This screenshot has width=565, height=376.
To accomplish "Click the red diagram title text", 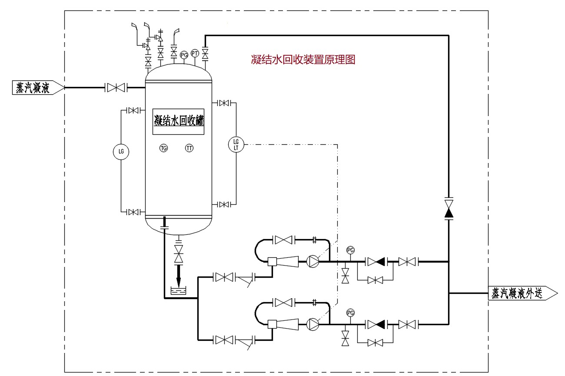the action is pyautogui.click(x=303, y=60).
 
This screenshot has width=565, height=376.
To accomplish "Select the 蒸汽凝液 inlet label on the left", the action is pyautogui.click(x=38, y=87).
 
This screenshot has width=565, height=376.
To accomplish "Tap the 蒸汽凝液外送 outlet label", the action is pyautogui.click(x=522, y=293).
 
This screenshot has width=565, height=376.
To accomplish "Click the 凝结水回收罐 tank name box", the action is pyautogui.click(x=178, y=122).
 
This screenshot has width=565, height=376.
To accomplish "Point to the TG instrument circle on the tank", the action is pyautogui.click(x=164, y=148).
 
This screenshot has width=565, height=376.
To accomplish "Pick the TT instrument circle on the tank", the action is pyautogui.click(x=189, y=148).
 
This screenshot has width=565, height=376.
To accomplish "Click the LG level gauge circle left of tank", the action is pyautogui.click(x=121, y=152).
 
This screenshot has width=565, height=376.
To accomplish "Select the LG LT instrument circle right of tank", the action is pyautogui.click(x=236, y=145).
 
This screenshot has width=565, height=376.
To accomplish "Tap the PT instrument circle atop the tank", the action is pyautogui.click(x=195, y=53).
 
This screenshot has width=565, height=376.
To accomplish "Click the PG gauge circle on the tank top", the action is pyautogui.click(x=184, y=55).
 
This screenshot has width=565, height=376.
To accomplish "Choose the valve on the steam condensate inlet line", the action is pyautogui.click(x=116, y=87).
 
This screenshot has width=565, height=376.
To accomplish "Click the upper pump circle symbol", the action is pyautogui.click(x=313, y=261).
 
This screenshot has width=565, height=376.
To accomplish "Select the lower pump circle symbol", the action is pyautogui.click(x=313, y=324).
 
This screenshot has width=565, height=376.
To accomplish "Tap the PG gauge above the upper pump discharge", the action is pyautogui.click(x=351, y=250).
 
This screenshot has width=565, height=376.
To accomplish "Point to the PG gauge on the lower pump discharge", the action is pyautogui.click(x=351, y=313).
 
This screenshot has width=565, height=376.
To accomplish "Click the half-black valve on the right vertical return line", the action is pyautogui.click(x=449, y=209).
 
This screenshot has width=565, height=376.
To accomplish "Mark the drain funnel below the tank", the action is pyautogui.click(x=179, y=291).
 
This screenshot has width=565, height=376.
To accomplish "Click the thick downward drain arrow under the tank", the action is pyautogui.click(x=179, y=275).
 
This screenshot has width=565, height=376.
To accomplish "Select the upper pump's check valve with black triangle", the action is pyautogui.click(x=376, y=262).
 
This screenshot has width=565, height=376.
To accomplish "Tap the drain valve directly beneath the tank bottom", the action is pyautogui.click(x=179, y=254).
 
